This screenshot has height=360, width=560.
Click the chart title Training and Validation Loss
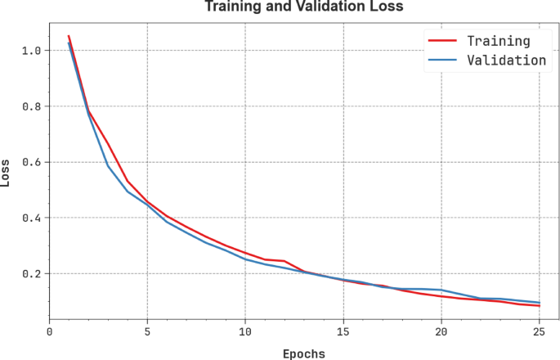(x=304, y=7)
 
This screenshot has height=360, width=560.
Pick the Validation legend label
(x=506, y=60)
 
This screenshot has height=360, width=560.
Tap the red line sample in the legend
(x=441, y=40)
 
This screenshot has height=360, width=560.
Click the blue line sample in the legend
(x=441, y=60)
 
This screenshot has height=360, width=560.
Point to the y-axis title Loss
(x=7, y=173)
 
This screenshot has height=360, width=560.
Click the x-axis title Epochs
(x=303, y=353)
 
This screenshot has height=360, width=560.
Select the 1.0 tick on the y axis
(x=31, y=51)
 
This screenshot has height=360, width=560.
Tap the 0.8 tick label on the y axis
(x=31, y=106)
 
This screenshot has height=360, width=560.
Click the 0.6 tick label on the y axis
(x=31, y=162)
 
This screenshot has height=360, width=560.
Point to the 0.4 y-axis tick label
(x=31, y=218)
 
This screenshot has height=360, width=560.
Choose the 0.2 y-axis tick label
(x=31, y=273)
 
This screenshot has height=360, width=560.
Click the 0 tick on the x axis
(x=50, y=331)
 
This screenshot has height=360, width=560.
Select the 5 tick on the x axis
(x=147, y=331)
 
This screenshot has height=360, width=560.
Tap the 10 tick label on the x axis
(x=245, y=331)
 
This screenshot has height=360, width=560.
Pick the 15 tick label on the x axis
(x=343, y=331)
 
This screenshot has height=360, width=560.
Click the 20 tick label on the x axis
(x=441, y=331)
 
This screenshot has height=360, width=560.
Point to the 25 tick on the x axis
(x=540, y=331)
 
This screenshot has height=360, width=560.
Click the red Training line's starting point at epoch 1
(x=69, y=36)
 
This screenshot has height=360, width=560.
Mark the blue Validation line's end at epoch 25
(x=540, y=303)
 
